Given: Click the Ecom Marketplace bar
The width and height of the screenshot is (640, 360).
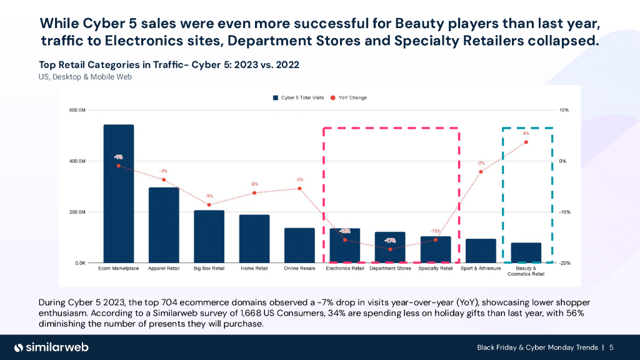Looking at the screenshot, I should coord(119,194).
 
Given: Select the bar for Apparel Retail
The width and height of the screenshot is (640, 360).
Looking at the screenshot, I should coord(164,225).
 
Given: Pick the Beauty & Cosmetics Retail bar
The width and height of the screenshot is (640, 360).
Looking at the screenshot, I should coord(526,252).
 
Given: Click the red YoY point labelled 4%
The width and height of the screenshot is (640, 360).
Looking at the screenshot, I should coord(526,142).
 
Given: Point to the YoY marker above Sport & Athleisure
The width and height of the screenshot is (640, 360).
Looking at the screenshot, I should coord(481,171).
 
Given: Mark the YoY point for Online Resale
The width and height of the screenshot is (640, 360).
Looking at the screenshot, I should coord(300,188).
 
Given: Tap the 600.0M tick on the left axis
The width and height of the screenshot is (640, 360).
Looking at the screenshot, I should coord(77,110).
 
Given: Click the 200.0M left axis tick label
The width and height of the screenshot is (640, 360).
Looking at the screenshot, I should coord(77,212).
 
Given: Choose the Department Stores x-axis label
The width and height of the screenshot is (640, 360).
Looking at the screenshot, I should coord(390,269).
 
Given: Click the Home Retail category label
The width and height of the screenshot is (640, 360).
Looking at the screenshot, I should coord(254,269).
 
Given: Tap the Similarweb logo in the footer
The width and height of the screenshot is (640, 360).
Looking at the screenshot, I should coord(51,347).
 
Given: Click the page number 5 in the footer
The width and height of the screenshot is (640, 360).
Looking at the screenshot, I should coord(611,347).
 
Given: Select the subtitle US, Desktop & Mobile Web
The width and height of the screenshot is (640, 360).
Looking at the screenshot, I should coord(85,77).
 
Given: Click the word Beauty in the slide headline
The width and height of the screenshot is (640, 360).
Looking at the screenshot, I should coord(416,24).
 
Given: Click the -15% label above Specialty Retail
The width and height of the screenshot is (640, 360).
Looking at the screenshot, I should coord(435,231).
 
